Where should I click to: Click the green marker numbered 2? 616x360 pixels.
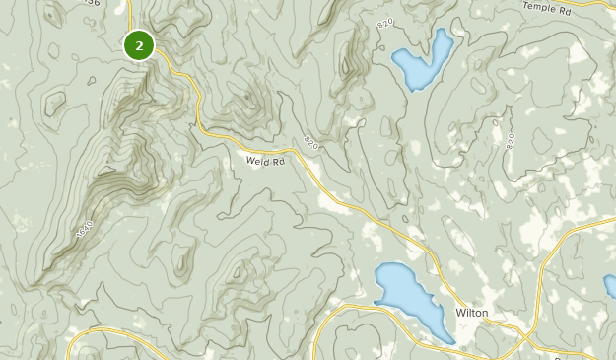point(139,45)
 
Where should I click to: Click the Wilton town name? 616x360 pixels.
point(471,313)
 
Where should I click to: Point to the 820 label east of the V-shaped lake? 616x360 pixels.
point(511,141)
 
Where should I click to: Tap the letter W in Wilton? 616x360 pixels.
point(459,313)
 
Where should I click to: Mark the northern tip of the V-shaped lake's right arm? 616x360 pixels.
point(445,31)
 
